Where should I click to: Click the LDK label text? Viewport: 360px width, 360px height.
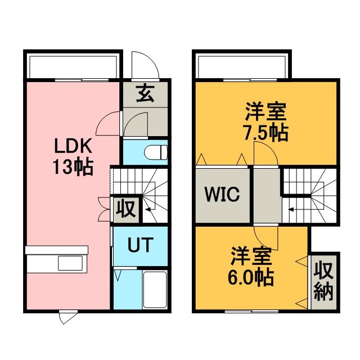point(73,146)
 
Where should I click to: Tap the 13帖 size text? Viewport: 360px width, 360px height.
point(73,166)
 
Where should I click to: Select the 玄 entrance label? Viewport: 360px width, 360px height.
point(145,93)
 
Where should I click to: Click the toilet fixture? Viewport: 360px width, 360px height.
point(156,152)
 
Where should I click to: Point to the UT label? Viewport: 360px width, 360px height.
point(140,245)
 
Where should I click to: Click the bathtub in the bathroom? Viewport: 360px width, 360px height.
point(154,290)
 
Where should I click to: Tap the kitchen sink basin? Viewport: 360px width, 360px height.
point(70,263)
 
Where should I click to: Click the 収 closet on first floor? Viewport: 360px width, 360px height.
point(125,209)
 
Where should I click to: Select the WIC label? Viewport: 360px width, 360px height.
point(222,194)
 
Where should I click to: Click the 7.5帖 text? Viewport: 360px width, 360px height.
point(265,133)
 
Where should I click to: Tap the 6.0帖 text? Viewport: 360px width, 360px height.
point(250,277)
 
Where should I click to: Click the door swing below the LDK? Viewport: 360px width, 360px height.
point(69,318)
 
